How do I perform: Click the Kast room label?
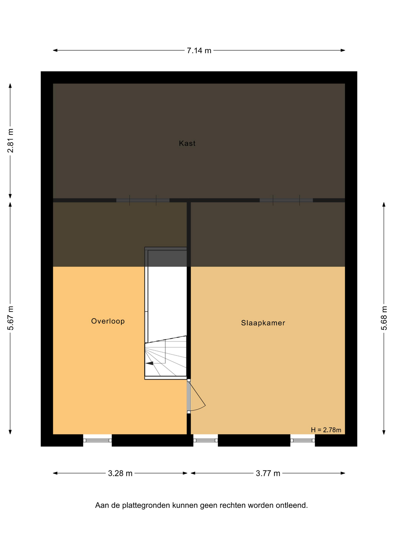click(x=187, y=143)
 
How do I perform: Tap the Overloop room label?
click(x=108, y=321)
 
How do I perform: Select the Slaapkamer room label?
click(x=263, y=323)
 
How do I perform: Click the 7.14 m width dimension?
click(x=199, y=50)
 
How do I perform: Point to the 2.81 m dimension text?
click(x=10, y=141)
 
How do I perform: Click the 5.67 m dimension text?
click(x=10, y=318)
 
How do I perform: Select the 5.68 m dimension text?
click(x=384, y=318)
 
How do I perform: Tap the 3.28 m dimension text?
click(x=120, y=473)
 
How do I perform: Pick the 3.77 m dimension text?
click(x=268, y=473)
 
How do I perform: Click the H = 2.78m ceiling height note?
click(x=326, y=430)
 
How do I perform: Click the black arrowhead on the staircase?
click(x=149, y=363)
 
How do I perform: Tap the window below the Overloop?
click(x=97, y=440)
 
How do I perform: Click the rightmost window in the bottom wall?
click(x=303, y=440)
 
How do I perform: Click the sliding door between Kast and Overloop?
click(x=143, y=200)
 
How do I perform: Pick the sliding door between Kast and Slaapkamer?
click(x=286, y=200)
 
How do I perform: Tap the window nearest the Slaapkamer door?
click(x=205, y=440)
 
